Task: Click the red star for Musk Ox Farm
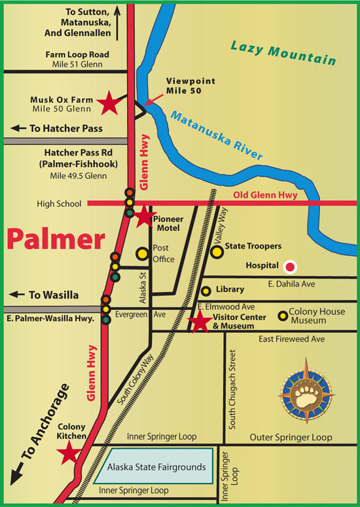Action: click(x=109, y=102)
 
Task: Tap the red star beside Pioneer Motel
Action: click(x=143, y=219)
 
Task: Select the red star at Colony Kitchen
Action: click(x=69, y=453)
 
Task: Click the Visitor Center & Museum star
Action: click(x=199, y=321)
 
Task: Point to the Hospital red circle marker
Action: click(x=290, y=266)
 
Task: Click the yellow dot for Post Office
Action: click(x=141, y=253)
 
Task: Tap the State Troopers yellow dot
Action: click(x=217, y=250)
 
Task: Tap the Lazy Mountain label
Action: click(x=283, y=53)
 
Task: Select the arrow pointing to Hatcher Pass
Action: click(x=18, y=129)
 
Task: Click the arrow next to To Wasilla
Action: click(x=18, y=295)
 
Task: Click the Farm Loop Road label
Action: click(x=77, y=55)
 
